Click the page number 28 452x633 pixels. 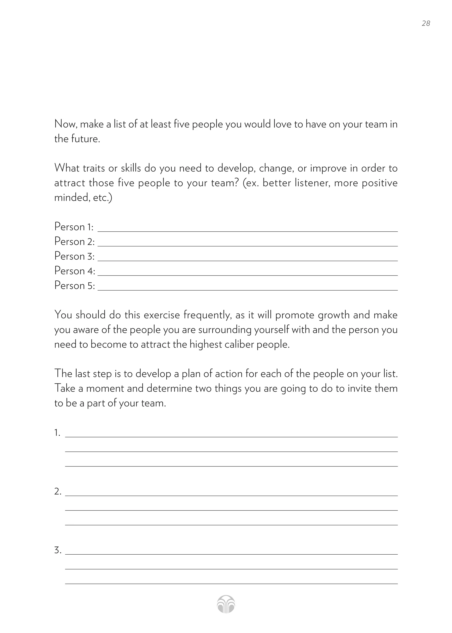pos(426,23)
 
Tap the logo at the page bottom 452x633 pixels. pos(226,604)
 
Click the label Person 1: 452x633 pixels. pos(74,227)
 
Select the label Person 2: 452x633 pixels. pos(74,241)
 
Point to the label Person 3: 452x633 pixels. pos(74,256)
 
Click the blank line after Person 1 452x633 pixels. pos(248,230)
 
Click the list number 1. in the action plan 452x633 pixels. pos(57,433)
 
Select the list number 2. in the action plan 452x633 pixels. pos(58,492)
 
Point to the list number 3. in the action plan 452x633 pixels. pos(58,550)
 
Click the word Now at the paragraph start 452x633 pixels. pos(65,124)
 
